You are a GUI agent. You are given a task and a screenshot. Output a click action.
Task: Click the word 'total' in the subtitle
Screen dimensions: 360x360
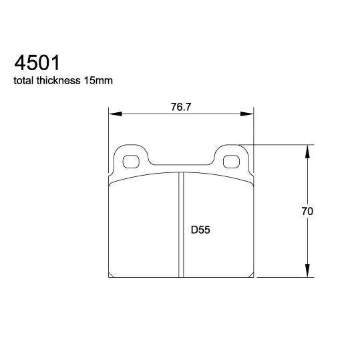point(25,81)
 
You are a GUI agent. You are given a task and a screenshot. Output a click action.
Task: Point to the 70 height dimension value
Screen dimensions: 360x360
point(307,211)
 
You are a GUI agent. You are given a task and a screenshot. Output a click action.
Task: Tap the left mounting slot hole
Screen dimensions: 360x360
point(132,161)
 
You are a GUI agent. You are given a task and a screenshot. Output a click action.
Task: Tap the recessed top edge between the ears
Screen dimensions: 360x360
point(182,165)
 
